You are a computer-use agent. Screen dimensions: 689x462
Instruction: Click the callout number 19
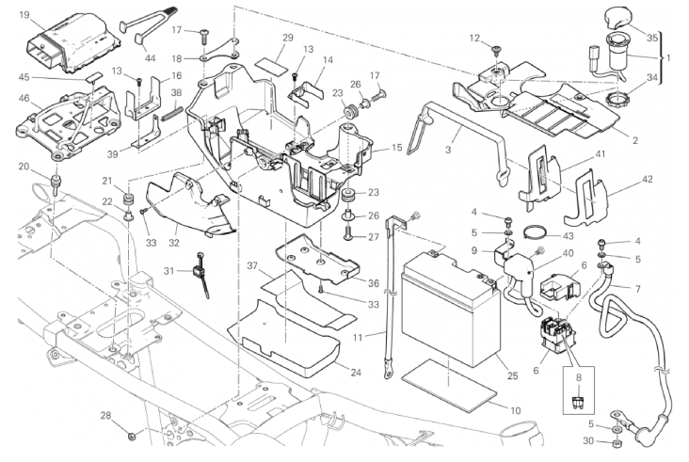click(x=24, y=16)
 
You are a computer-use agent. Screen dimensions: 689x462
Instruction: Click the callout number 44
click(x=151, y=58)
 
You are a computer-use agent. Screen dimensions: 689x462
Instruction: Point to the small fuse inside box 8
click(x=579, y=401)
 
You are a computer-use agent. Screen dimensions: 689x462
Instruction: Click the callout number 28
click(x=106, y=416)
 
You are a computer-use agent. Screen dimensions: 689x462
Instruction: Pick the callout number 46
click(x=24, y=98)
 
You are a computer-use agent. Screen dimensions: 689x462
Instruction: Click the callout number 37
click(x=251, y=265)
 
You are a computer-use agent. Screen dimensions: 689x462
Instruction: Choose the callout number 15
click(x=396, y=148)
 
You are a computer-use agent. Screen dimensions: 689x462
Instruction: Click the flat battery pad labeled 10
click(x=452, y=381)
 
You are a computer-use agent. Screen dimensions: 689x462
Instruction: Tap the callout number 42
click(x=648, y=179)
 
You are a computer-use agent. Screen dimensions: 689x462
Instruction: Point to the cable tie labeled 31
click(x=200, y=276)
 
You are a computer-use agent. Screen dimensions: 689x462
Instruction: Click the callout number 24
click(x=356, y=373)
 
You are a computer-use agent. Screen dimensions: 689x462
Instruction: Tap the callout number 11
click(x=358, y=338)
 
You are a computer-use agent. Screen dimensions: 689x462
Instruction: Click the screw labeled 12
click(x=496, y=51)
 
